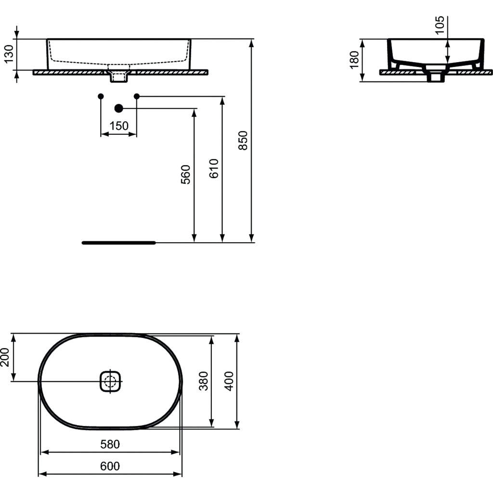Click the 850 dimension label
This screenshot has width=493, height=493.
pyautogui.click(x=243, y=140)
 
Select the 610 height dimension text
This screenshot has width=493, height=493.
pyautogui.click(x=214, y=168)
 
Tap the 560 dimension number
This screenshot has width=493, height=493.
pyautogui.click(x=186, y=174)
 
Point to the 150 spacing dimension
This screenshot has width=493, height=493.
pyautogui.click(x=118, y=126)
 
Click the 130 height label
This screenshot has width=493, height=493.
pyautogui.click(x=8, y=54)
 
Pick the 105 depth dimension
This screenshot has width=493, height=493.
pyautogui.click(x=440, y=26)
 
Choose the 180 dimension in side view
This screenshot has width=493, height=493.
pyautogui.click(x=354, y=60)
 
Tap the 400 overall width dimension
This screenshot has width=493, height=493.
pyautogui.click(x=229, y=381)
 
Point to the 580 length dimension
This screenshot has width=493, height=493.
pyautogui.click(x=110, y=444)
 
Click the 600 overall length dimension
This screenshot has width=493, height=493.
pyautogui.click(x=110, y=466)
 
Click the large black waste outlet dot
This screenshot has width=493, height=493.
pyautogui.click(x=119, y=109)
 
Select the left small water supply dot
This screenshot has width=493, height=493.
pyautogui.click(x=101, y=96)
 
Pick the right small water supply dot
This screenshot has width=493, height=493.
pyautogui.click(x=137, y=96)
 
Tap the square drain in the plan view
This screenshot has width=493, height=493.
pyautogui.click(x=111, y=382)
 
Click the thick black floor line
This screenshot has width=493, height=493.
pyautogui.click(x=118, y=243)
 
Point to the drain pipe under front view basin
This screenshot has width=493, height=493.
pyautogui.click(x=118, y=76)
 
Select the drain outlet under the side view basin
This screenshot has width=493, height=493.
pyautogui.click(x=436, y=77)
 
